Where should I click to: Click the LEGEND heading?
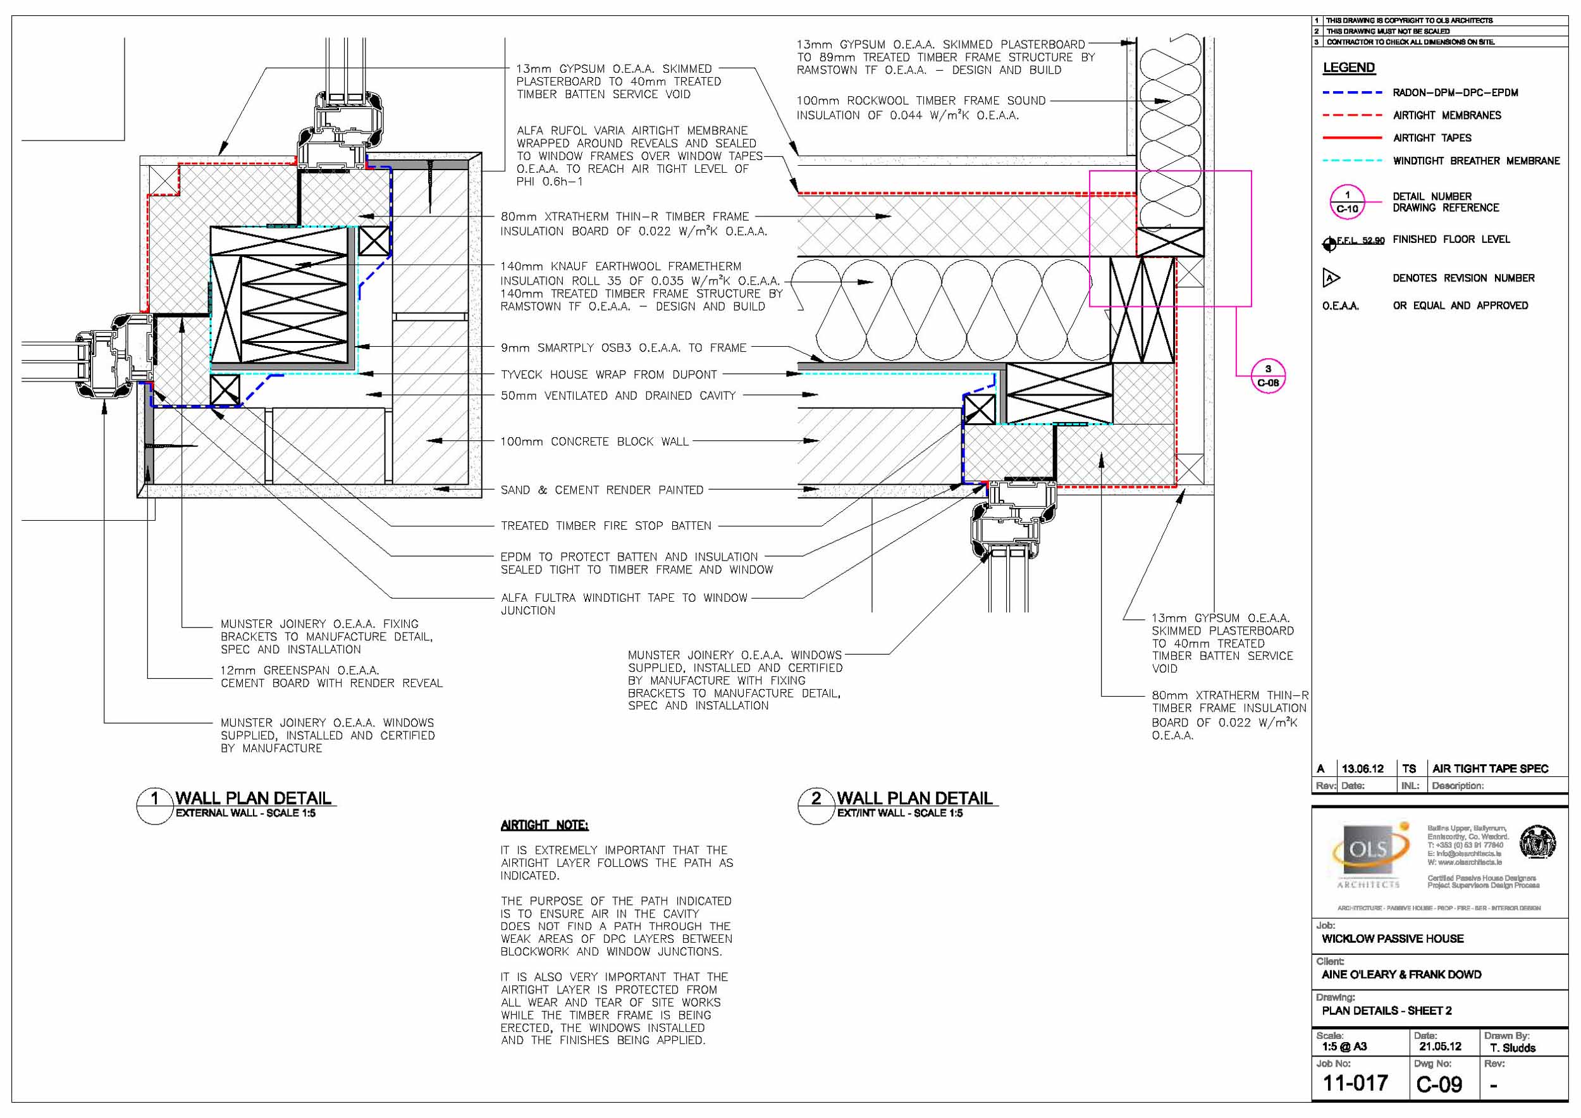(1348, 68)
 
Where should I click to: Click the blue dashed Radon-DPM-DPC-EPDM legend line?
(1351, 92)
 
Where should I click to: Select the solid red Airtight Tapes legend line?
(1351, 138)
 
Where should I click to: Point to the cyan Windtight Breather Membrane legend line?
(1351, 161)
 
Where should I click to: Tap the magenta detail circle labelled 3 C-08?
(1268, 376)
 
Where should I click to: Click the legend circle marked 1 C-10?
(1347, 202)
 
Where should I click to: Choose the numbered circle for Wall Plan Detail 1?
(155, 805)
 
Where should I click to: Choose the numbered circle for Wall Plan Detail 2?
(816, 805)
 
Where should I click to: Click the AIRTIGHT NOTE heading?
(544, 825)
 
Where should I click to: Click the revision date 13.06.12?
(1362, 769)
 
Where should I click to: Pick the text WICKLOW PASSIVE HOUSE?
(1393, 939)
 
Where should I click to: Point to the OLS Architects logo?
(1369, 854)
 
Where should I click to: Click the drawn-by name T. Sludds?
(1513, 1048)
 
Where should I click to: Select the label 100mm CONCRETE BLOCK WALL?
(594, 442)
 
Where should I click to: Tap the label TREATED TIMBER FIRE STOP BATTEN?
(606, 526)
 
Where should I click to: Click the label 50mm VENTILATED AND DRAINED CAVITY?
(618, 396)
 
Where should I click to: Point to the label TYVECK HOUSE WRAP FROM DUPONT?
(609, 375)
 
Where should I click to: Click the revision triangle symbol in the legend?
(1331, 278)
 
